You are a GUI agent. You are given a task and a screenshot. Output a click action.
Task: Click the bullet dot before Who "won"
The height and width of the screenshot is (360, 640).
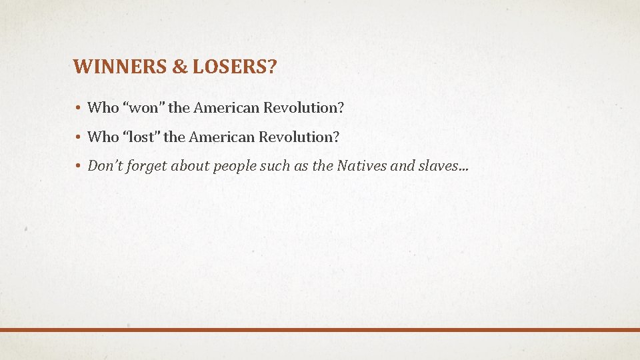pyautogui.click(x=78, y=108)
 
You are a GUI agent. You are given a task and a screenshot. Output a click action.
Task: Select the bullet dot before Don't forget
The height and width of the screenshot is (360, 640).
pyautogui.click(x=78, y=167)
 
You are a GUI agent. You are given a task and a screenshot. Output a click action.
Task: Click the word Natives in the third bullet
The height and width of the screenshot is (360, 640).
pyautogui.click(x=361, y=166)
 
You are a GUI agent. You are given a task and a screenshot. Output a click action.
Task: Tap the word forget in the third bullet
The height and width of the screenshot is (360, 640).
pyautogui.click(x=147, y=167)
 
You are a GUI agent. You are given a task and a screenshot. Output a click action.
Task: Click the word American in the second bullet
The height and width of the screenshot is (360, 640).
pyautogui.click(x=221, y=137)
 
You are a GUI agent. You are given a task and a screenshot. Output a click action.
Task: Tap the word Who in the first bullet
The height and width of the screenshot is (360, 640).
pyautogui.click(x=103, y=107)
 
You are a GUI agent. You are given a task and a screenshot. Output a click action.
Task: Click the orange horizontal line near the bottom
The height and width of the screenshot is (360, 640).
pyautogui.click(x=320, y=329)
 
